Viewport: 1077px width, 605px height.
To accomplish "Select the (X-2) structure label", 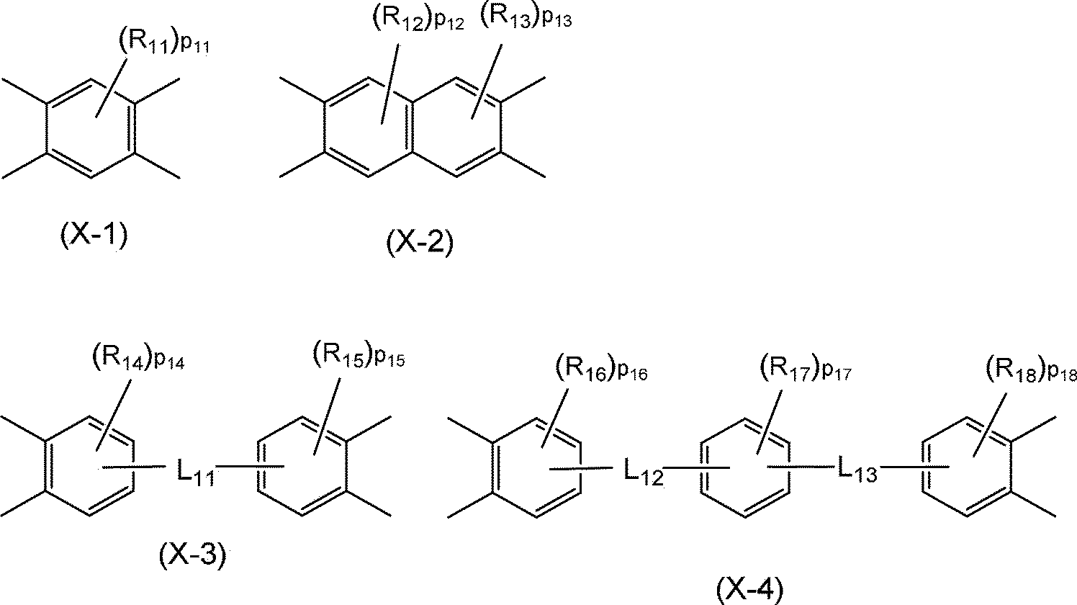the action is tap(420, 243).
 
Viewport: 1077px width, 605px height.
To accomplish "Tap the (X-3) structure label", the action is tap(191, 555).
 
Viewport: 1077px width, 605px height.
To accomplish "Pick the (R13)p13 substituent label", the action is tap(526, 20).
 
